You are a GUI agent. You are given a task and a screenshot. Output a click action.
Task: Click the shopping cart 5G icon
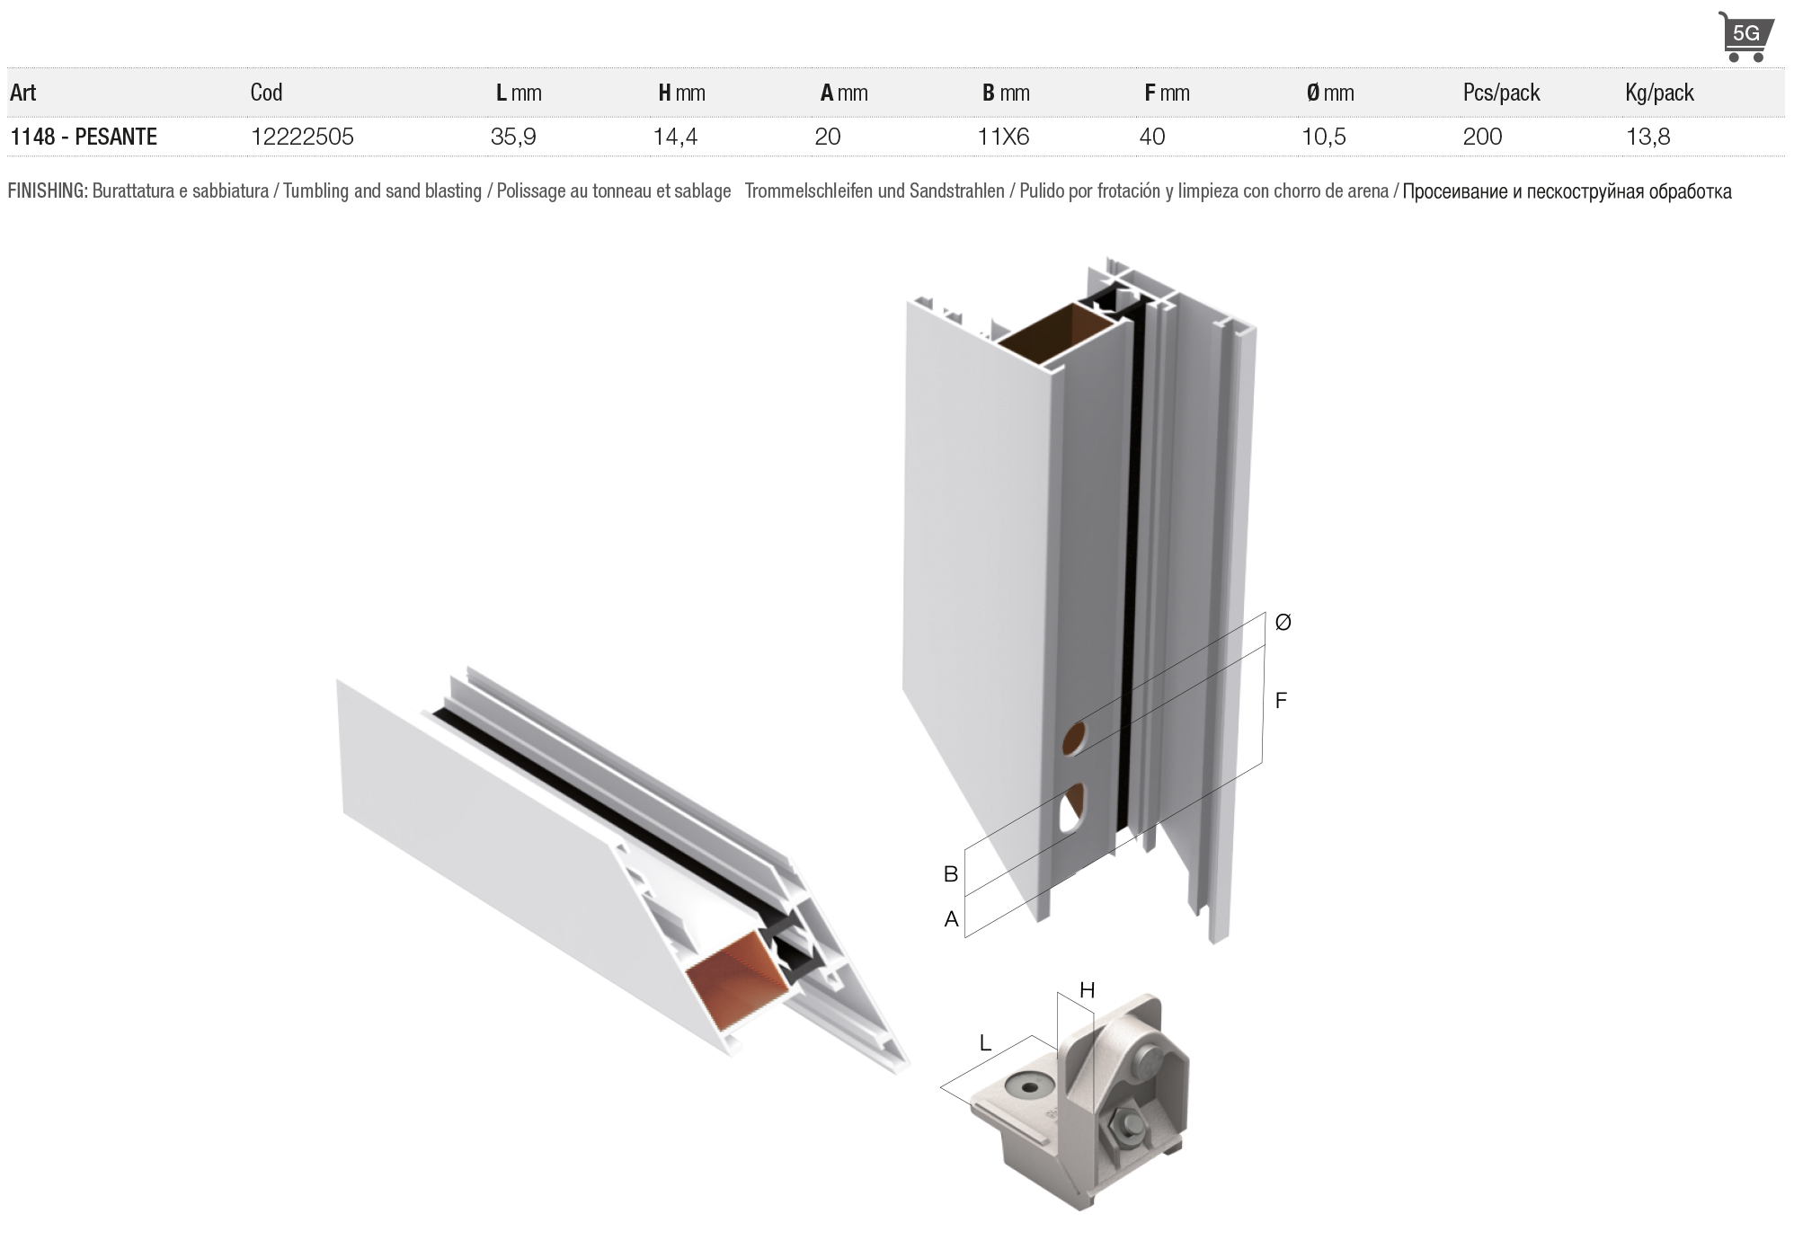[x=1746, y=36]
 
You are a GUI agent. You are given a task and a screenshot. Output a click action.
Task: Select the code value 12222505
[x=302, y=137]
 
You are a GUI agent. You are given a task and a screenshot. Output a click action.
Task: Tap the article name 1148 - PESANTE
[x=84, y=137]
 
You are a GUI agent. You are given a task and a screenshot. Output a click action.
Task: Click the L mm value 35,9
[x=513, y=137]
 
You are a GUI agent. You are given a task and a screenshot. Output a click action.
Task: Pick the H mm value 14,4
[x=676, y=137]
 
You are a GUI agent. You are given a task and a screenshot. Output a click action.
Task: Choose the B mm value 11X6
[x=1003, y=137]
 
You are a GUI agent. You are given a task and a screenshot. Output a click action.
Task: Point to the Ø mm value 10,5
[x=1324, y=137]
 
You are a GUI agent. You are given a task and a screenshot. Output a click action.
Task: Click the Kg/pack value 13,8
[x=1648, y=137]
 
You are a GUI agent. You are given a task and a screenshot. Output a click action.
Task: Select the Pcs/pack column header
[x=1501, y=93]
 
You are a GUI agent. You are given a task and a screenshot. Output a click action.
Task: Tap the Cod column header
[x=266, y=93]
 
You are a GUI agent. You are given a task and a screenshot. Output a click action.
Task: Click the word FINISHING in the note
[x=48, y=191]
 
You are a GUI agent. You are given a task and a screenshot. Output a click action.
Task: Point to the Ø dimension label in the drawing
[x=1283, y=622]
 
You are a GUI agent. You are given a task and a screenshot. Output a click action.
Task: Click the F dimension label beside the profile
[x=1281, y=700]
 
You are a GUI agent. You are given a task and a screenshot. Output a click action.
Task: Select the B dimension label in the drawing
[x=950, y=873]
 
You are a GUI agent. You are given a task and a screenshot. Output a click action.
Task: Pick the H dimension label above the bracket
[x=1087, y=990]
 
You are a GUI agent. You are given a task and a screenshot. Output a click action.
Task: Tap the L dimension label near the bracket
[x=985, y=1043]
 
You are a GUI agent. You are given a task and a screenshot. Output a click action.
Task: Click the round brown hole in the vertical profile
[x=1075, y=738]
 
